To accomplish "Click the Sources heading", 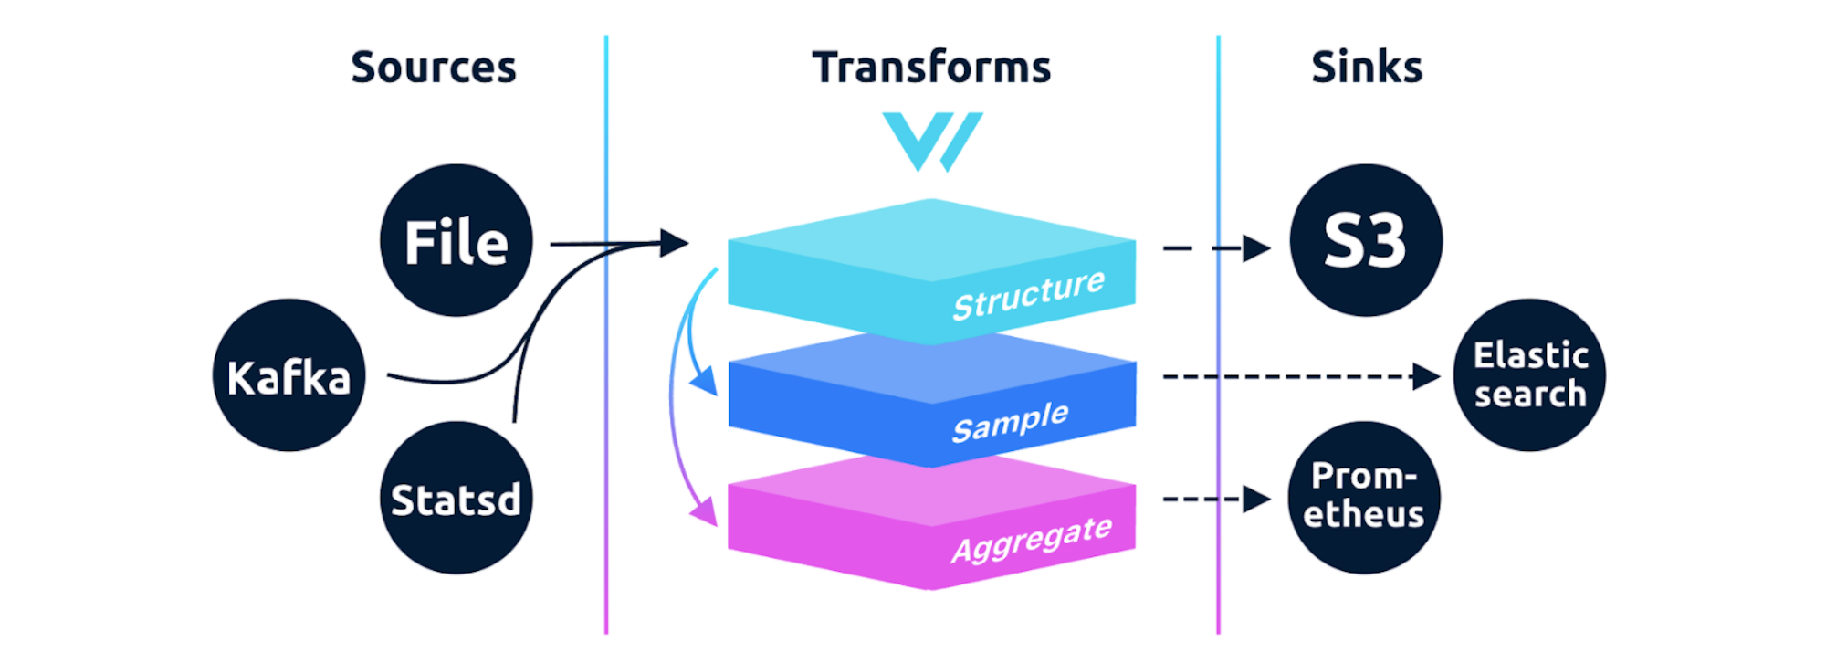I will coord(434,68).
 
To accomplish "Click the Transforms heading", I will coord(931,68).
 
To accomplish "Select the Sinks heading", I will coord(1367,68).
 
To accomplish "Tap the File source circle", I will coord(456,241).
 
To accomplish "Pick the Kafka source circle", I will coord(289,375).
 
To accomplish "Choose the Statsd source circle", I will coord(456,499).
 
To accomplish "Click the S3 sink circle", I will coord(1366,241).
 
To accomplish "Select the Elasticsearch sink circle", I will coord(1529,375).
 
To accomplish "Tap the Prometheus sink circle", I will coord(1364,499).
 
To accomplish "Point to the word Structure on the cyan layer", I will coord(1028,294).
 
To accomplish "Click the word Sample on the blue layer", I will coord(1010,421).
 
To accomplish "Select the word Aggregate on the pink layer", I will coord(1032,538).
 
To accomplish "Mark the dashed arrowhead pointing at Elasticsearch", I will coord(1425,376).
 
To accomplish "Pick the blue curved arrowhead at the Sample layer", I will coord(704,382).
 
